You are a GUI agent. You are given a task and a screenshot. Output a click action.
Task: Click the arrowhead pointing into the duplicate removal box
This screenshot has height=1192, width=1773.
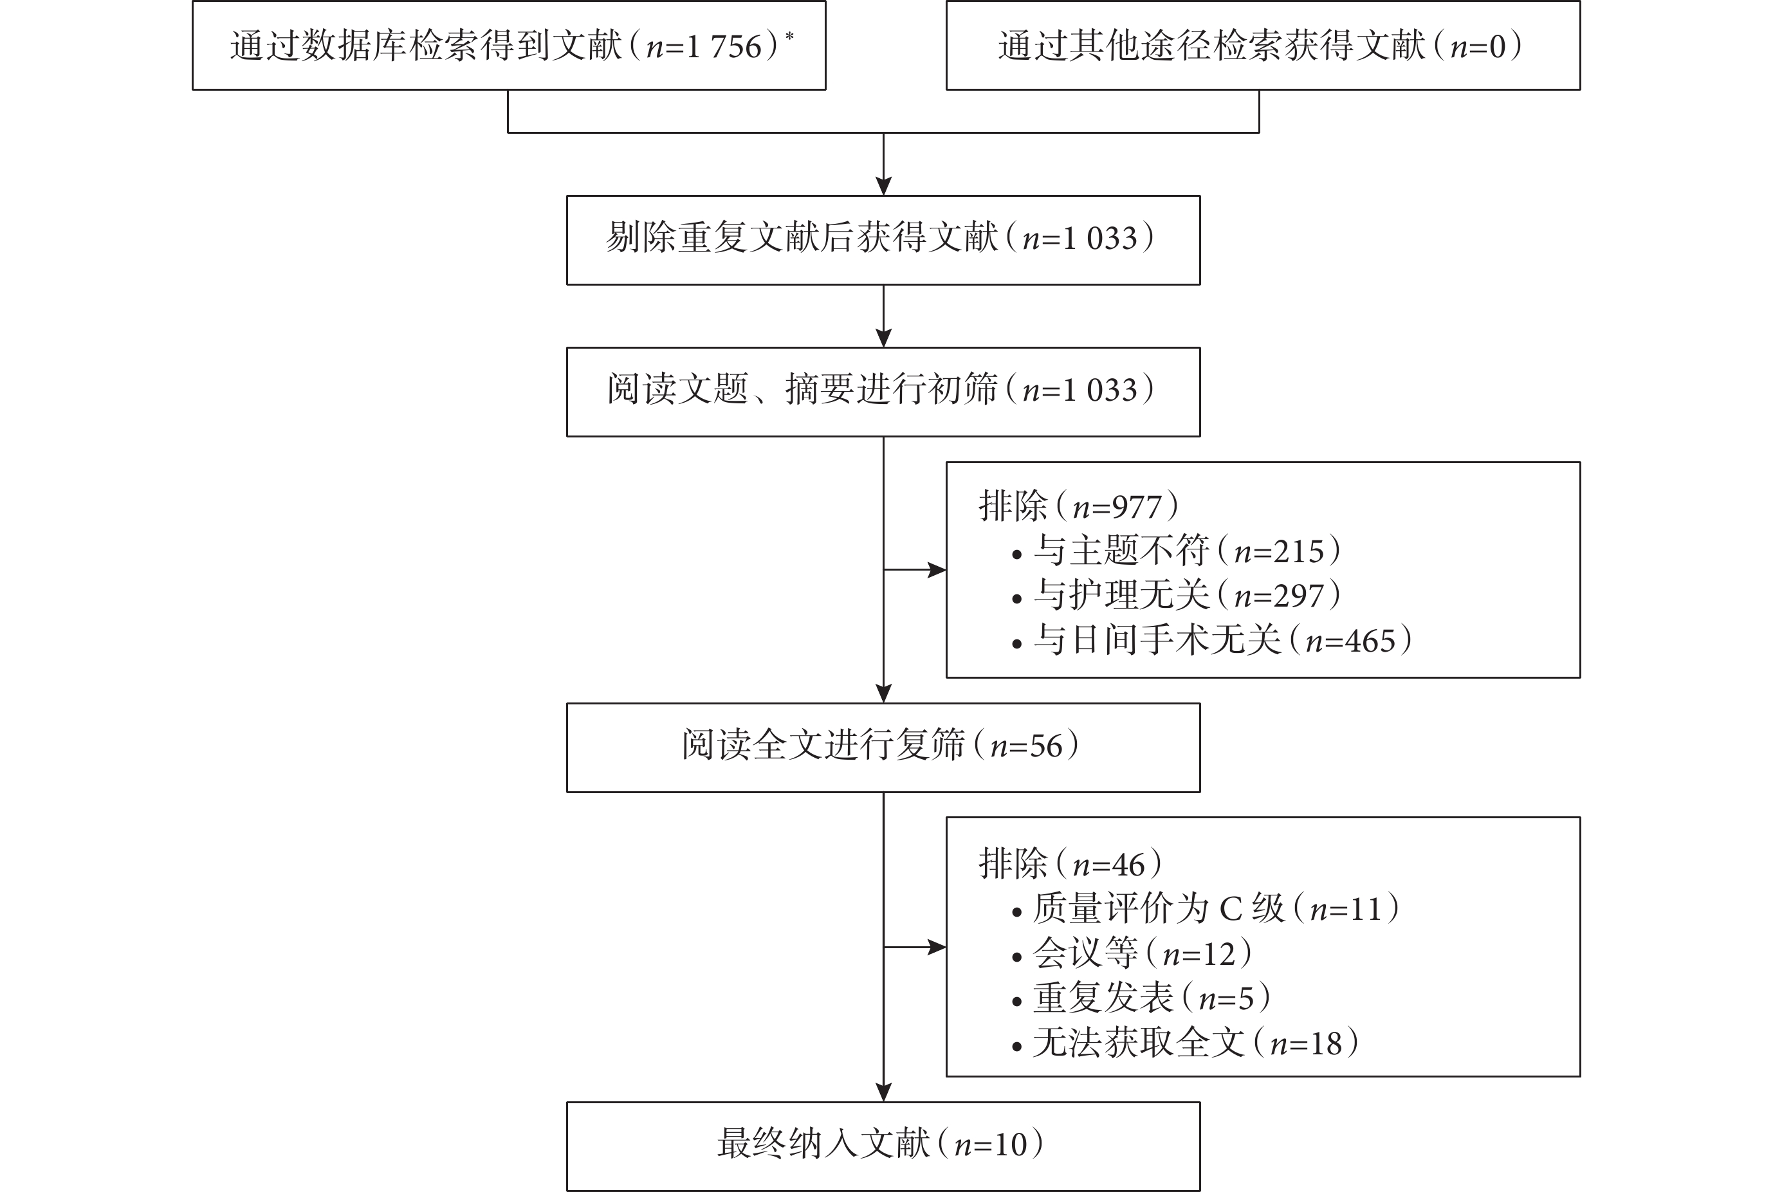click(x=883, y=187)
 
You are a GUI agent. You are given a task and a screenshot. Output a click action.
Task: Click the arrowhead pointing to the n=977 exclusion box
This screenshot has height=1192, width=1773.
click(x=937, y=569)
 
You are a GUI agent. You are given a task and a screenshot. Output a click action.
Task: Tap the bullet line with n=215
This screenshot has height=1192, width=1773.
click(x=1176, y=551)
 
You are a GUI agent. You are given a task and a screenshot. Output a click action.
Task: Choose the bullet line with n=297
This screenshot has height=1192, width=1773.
click(x=1176, y=595)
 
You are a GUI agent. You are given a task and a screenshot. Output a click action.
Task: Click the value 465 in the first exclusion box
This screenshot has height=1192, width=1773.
click(x=1371, y=641)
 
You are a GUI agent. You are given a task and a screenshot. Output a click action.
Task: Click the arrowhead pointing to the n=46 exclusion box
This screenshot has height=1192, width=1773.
click(x=937, y=947)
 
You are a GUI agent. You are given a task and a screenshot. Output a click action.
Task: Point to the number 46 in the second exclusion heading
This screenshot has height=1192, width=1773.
click(x=1128, y=865)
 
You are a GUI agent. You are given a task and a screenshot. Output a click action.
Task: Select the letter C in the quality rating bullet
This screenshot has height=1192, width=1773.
click(x=1231, y=909)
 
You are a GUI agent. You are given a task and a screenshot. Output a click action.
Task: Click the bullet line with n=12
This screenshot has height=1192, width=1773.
click(x=1132, y=953)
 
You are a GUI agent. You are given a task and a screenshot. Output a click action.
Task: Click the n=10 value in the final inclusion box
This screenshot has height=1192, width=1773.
click(x=991, y=1144)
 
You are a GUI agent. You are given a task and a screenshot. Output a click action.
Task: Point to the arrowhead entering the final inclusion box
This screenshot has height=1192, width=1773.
click(x=883, y=1092)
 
